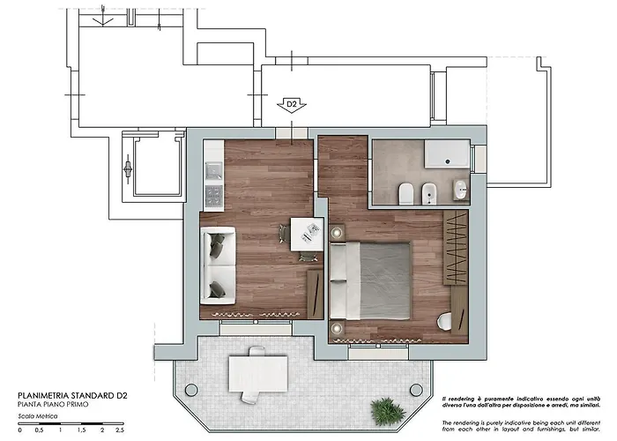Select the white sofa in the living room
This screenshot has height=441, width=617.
217,263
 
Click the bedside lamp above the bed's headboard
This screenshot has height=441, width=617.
337,233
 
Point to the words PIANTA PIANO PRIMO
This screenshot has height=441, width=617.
54,404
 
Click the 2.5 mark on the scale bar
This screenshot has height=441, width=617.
119,430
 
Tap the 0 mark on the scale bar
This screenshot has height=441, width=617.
19,430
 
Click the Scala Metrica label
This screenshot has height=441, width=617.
36,416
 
